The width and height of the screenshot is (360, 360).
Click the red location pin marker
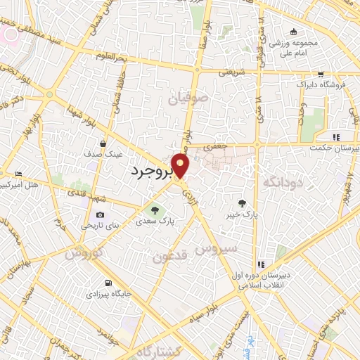pos(181,166)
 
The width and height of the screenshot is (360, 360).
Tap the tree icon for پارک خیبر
pos(243,202)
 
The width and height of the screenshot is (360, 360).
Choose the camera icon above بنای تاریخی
pos(100,214)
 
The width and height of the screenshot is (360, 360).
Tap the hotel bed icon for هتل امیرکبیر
pos(18,174)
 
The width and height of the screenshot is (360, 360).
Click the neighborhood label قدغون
pos(171,257)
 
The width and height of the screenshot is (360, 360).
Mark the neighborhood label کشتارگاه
pos(158,351)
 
